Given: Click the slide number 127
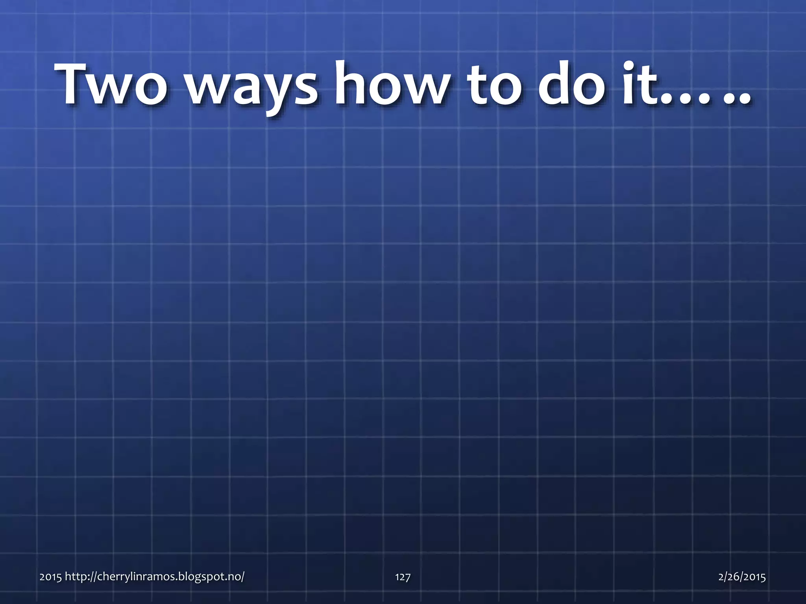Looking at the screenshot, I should pos(403,577).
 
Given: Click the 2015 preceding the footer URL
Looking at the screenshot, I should pos(50,577).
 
